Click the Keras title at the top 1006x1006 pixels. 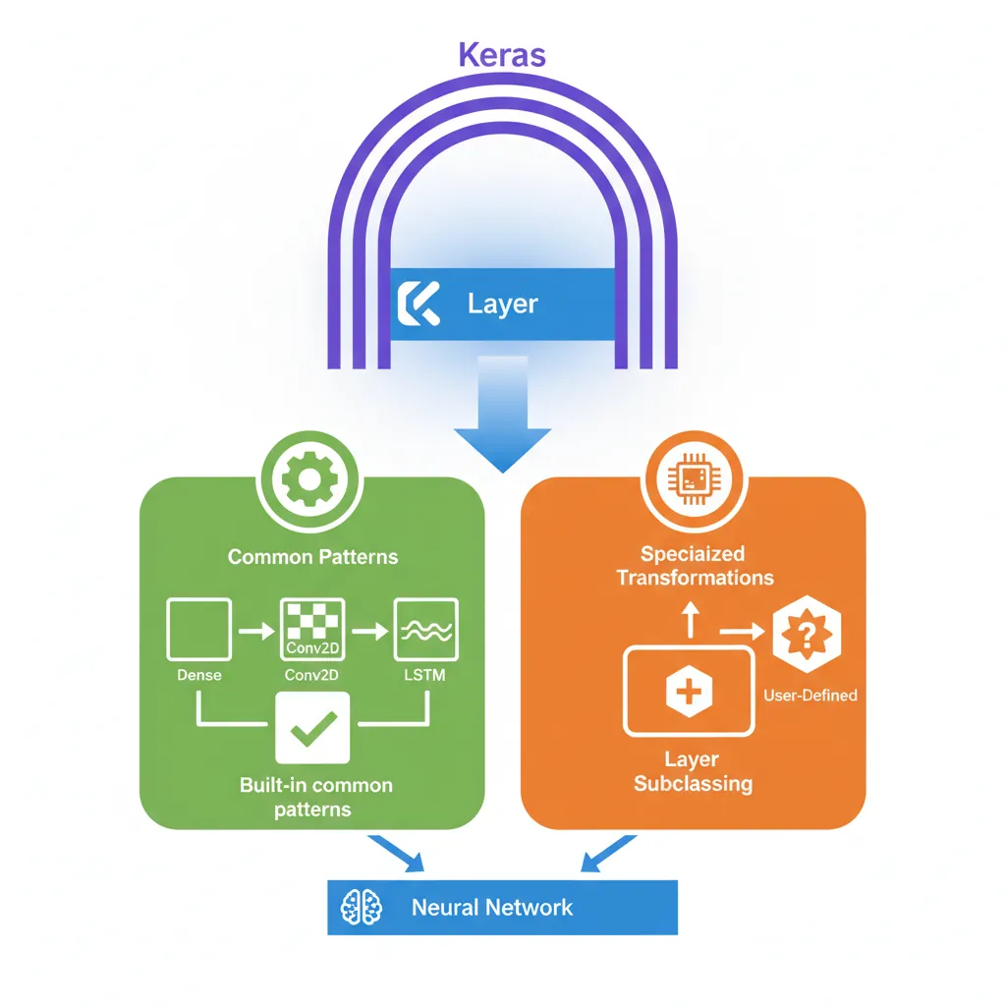click(x=502, y=54)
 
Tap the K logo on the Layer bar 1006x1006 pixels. click(x=418, y=305)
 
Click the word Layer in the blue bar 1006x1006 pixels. click(x=503, y=305)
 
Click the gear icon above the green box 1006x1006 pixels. click(x=309, y=478)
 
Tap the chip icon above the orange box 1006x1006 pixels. click(x=693, y=478)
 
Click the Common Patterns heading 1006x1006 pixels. click(x=312, y=557)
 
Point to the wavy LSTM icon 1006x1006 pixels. click(x=425, y=630)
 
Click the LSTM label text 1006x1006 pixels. click(x=425, y=676)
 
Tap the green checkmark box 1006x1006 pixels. click(x=312, y=727)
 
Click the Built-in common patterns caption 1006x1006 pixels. click(x=315, y=798)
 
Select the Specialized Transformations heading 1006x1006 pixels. click(x=694, y=566)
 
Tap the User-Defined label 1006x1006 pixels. click(x=810, y=696)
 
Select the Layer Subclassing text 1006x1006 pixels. click(x=692, y=771)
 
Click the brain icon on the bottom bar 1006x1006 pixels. click(x=360, y=907)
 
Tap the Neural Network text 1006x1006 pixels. click(x=491, y=907)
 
